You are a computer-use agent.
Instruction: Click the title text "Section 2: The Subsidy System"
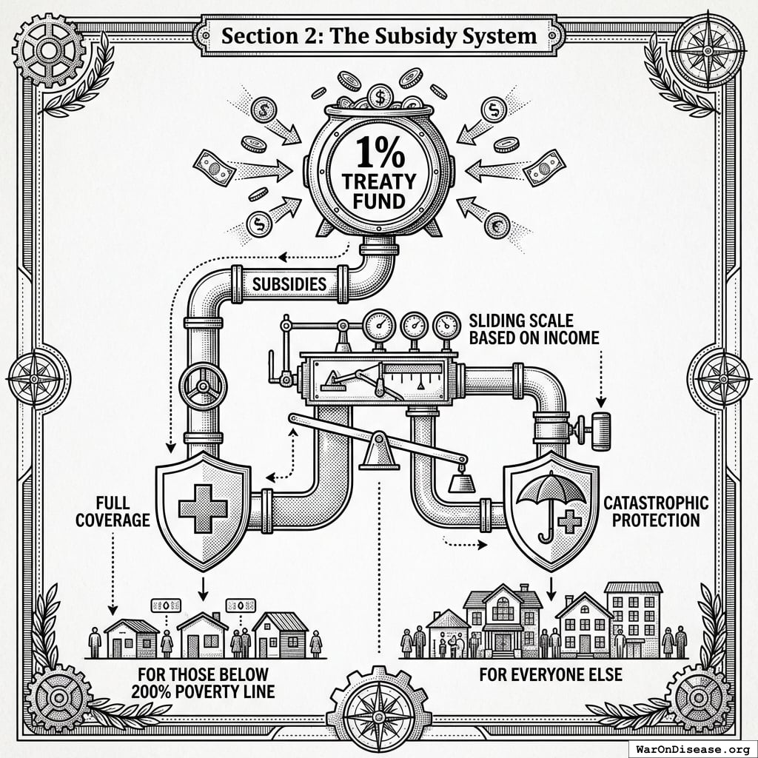(378, 36)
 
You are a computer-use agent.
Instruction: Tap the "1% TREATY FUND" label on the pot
(378, 175)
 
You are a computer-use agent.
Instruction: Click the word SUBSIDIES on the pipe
(289, 284)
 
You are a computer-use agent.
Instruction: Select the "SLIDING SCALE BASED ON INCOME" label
(534, 329)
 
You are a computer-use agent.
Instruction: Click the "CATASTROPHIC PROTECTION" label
(656, 512)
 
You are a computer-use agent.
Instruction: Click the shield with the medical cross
(203, 508)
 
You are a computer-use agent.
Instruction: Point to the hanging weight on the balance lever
(463, 481)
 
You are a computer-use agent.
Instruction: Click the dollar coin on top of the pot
(380, 95)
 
